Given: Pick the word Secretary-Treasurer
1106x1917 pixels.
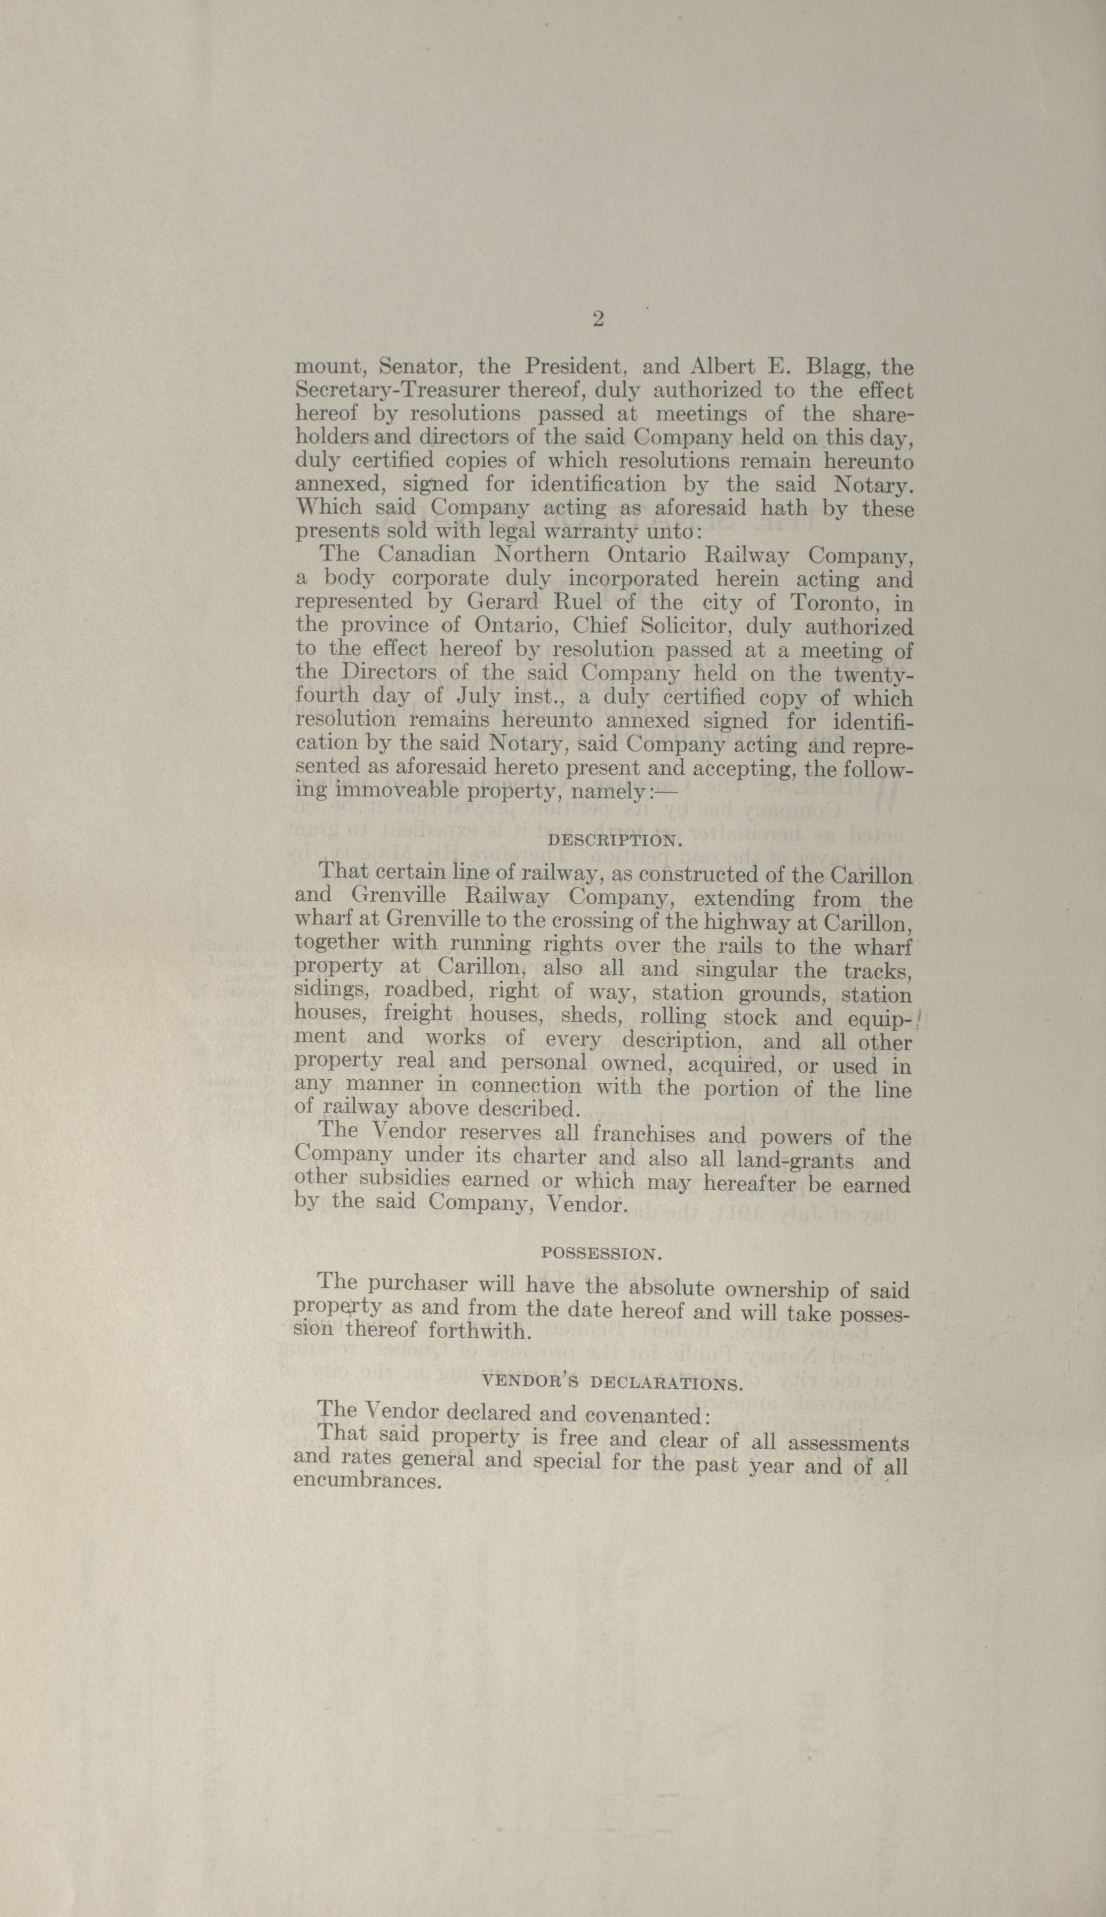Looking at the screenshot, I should pyautogui.click(x=396, y=391).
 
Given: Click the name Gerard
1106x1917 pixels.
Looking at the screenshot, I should pyautogui.click(x=503, y=602).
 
